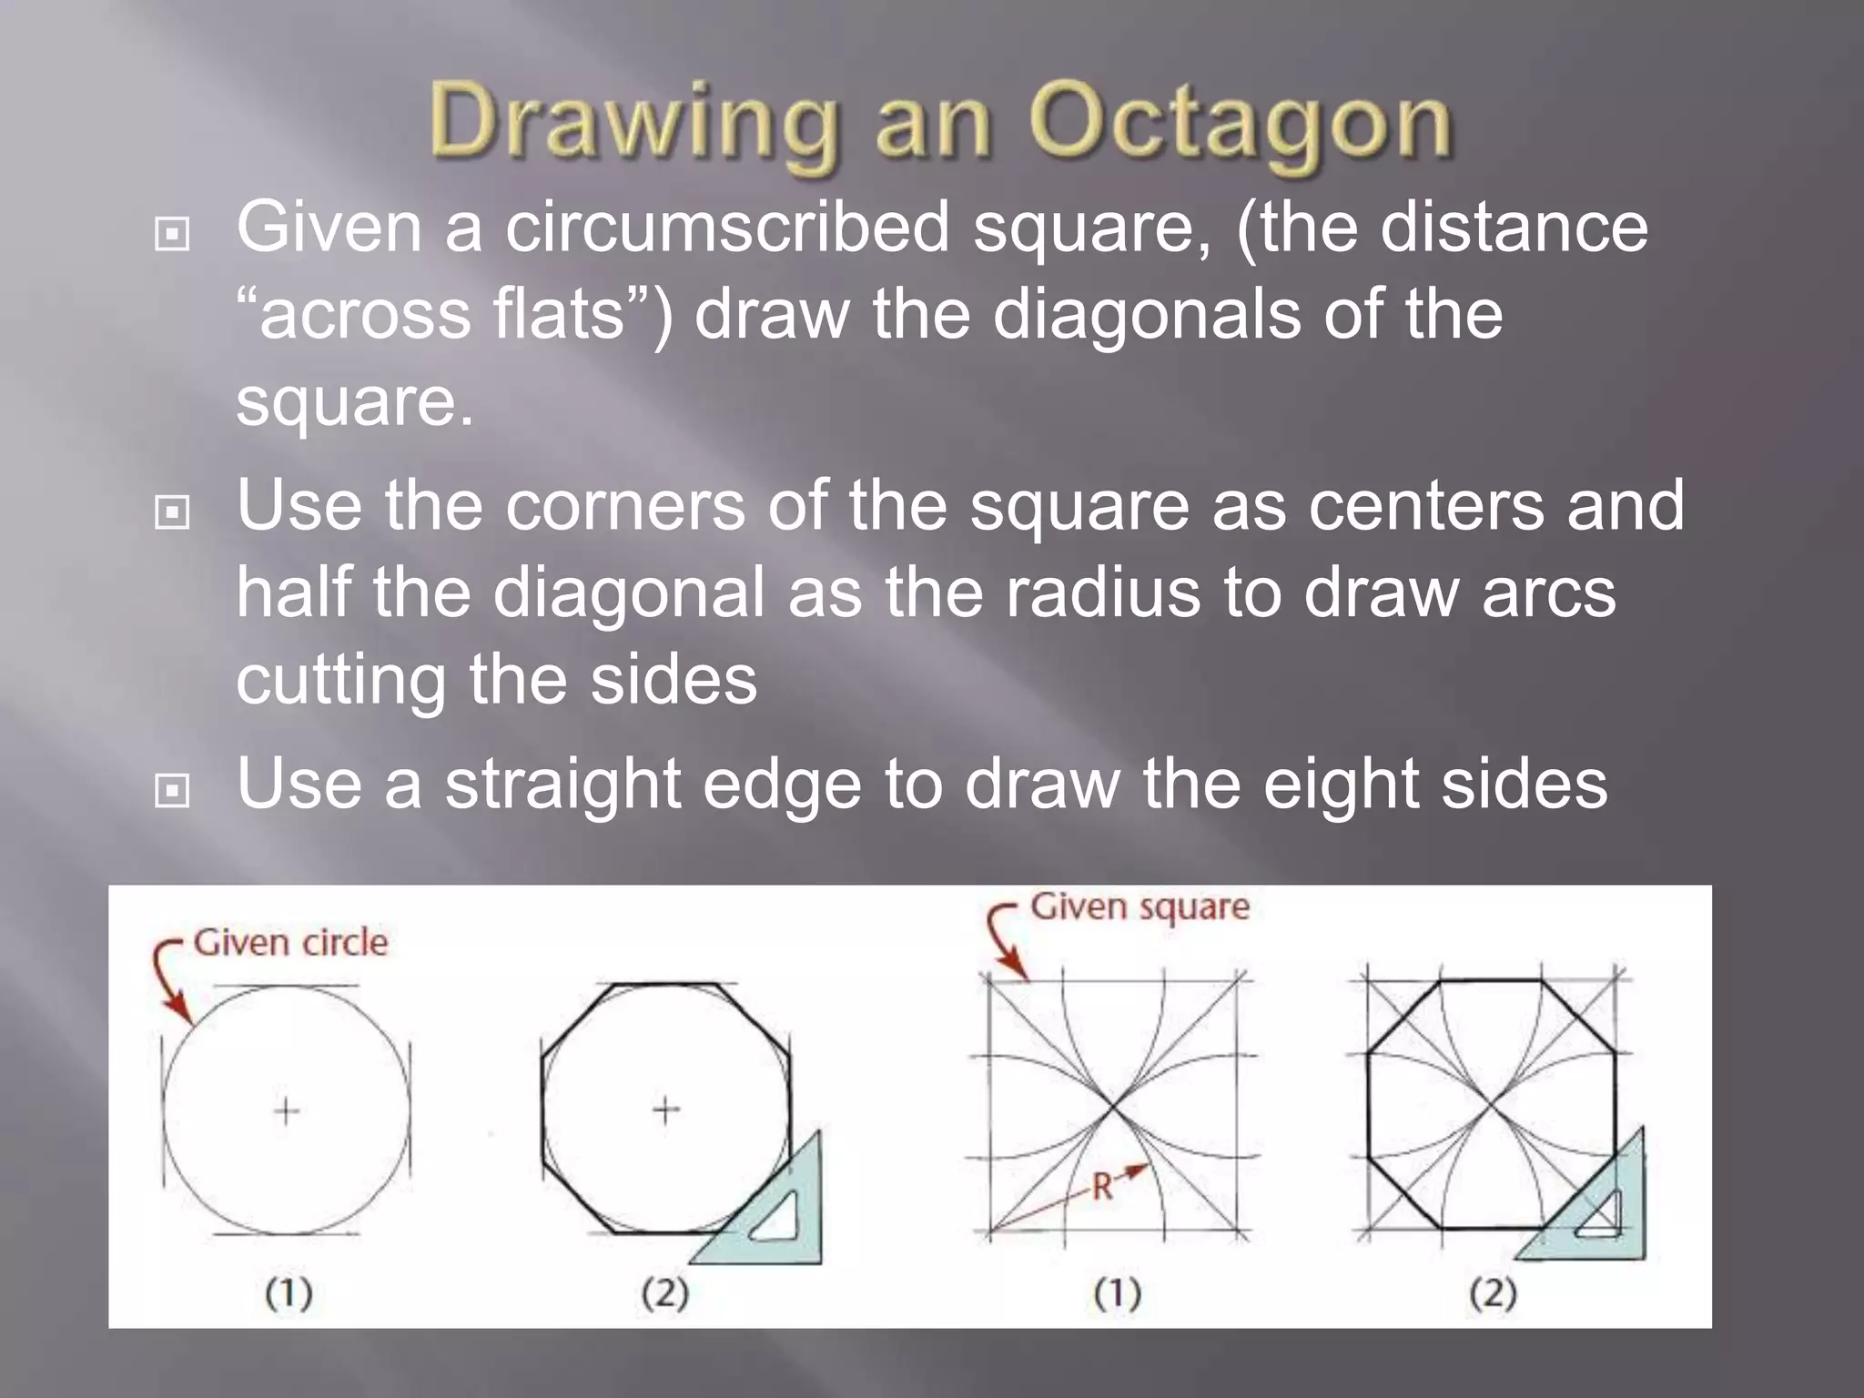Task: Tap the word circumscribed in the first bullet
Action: click(x=727, y=227)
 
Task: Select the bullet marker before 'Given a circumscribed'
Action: click(x=172, y=235)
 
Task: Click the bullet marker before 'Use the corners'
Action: click(x=172, y=512)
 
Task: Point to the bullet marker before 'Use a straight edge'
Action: click(x=172, y=790)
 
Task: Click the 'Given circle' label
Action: click(x=290, y=942)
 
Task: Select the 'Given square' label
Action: click(x=1140, y=907)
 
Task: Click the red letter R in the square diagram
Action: click(x=1102, y=1187)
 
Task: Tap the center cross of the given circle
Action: click(x=287, y=1110)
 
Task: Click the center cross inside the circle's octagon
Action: click(x=666, y=1110)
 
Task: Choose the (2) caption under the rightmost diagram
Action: click(x=1493, y=1293)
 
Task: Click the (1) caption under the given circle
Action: click(x=289, y=1293)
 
